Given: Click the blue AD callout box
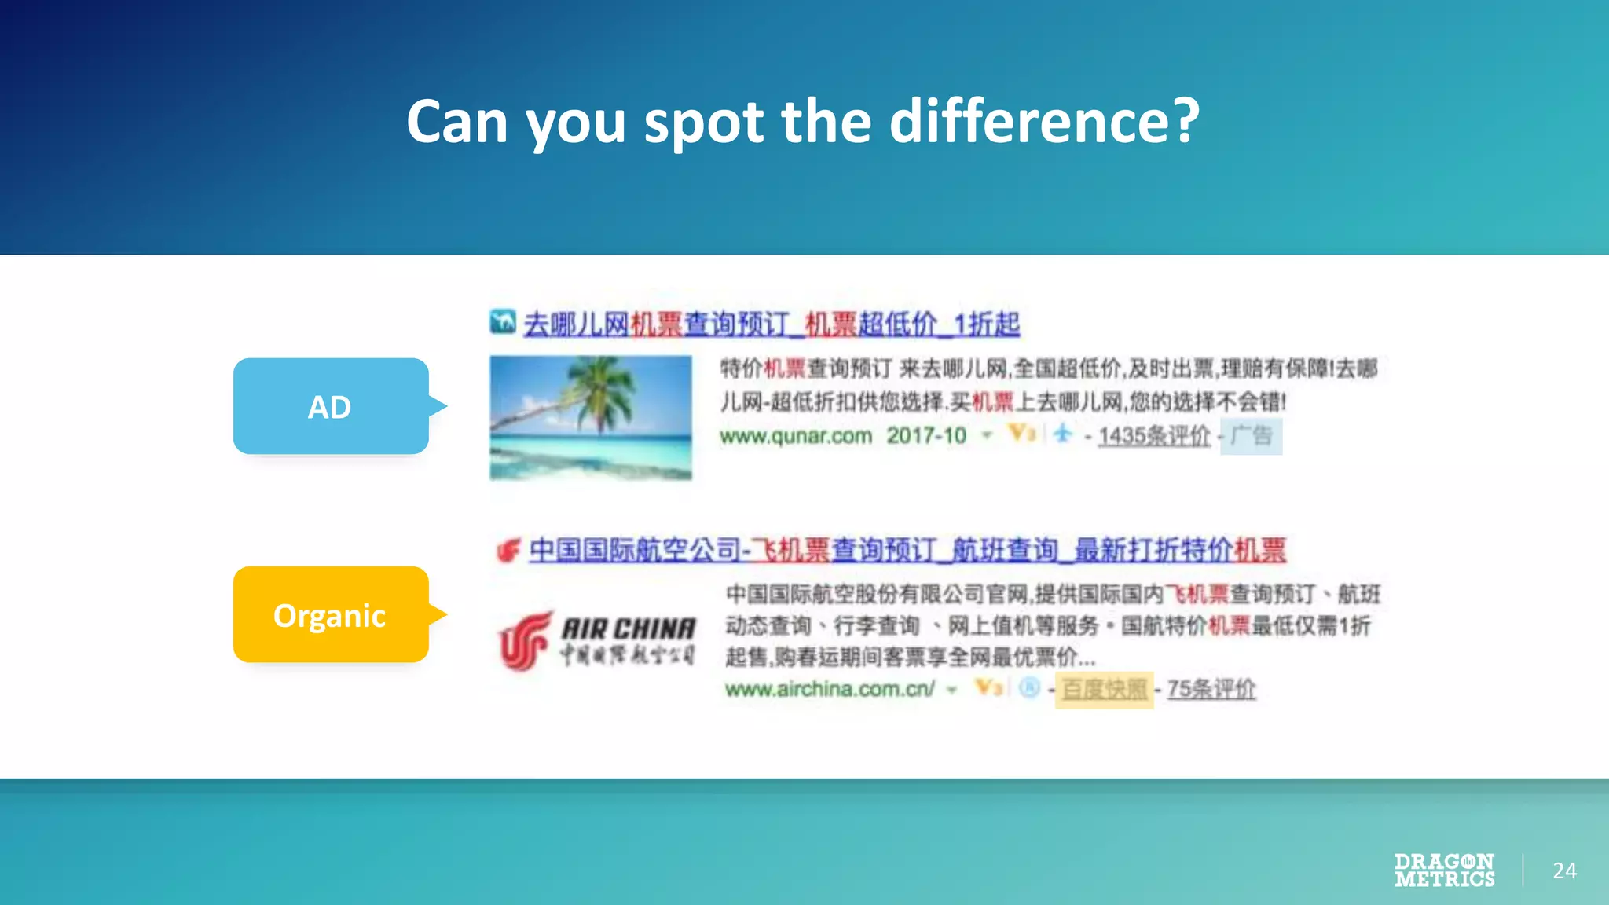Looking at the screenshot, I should click(330, 407).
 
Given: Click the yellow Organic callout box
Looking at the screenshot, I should click(330, 615).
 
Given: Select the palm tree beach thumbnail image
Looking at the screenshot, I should click(590, 417).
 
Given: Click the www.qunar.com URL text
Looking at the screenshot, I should click(795, 436).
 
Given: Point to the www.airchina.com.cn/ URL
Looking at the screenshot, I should click(830, 690).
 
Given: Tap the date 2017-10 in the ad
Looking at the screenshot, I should click(926, 436).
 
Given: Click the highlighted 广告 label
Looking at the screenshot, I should click(1251, 436).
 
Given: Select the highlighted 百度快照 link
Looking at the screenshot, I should click(1104, 690).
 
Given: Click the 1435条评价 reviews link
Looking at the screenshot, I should click(1154, 436).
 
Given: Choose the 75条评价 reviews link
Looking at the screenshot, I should click(1211, 690).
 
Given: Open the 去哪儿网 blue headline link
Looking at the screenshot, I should click(772, 324).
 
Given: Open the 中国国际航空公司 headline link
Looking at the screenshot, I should click(907, 550).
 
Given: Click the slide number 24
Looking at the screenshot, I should click(1564, 870).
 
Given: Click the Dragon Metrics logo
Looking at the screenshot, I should click(1444, 870).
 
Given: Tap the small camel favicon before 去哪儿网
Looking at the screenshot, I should click(502, 321).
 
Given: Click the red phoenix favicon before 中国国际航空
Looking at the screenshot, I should click(508, 550).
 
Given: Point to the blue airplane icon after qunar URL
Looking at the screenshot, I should click(1063, 433).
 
